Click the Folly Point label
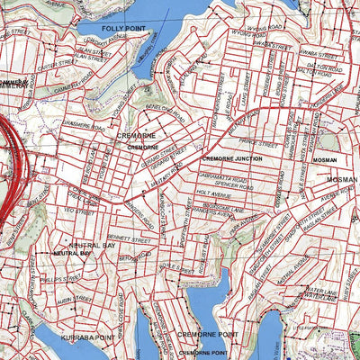coord(123,29)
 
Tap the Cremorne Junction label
coord(231,158)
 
